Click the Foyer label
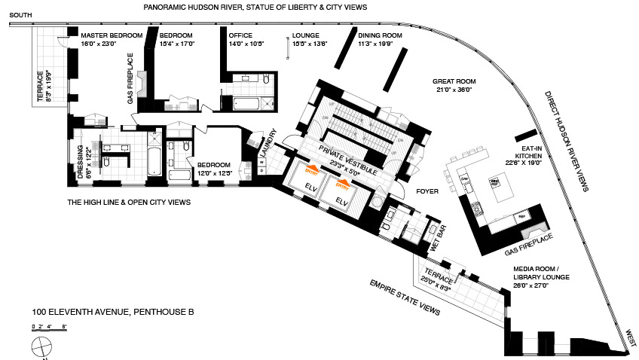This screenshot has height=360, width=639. pos(427,192)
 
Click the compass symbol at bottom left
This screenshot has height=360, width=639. pos(41,348)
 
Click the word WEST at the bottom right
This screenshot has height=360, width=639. pos(628,334)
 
